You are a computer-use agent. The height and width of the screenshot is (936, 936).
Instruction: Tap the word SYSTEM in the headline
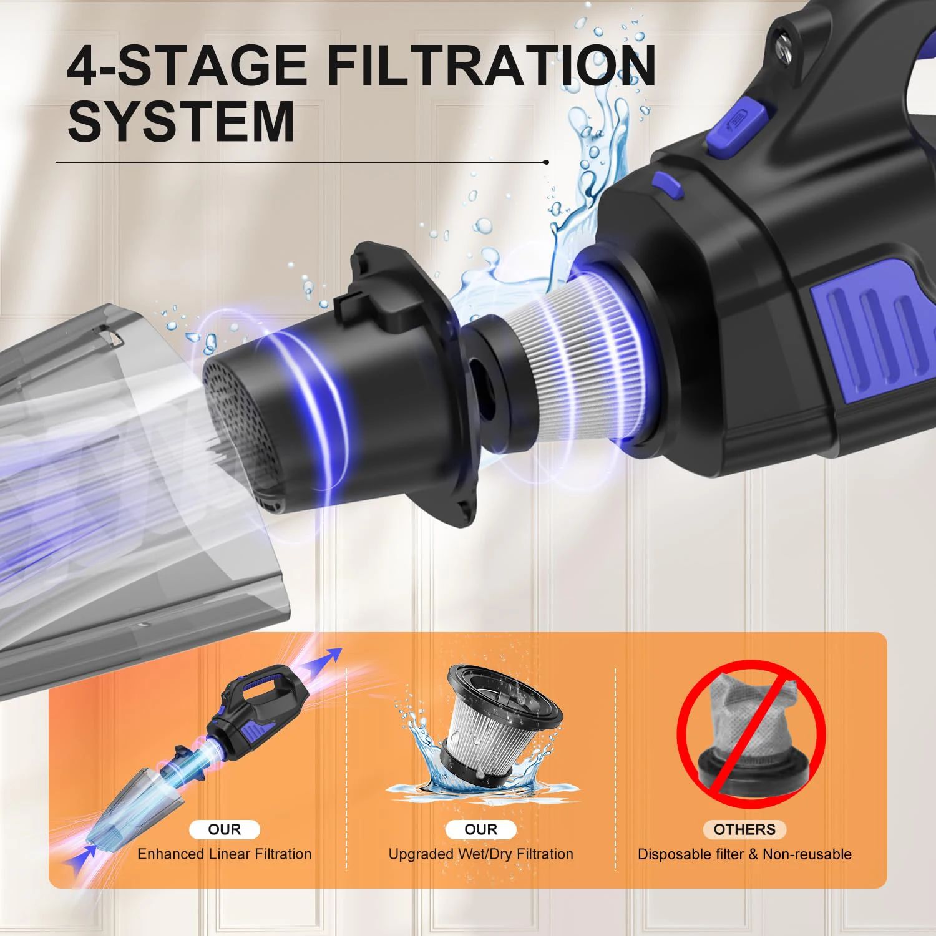(181, 121)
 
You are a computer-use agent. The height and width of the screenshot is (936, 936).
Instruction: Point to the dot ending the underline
(547, 162)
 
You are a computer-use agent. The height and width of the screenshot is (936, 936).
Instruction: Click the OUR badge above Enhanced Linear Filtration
(224, 829)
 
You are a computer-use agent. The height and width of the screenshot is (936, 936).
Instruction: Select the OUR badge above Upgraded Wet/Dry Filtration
(480, 829)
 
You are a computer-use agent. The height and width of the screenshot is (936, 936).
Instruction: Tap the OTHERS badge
(744, 829)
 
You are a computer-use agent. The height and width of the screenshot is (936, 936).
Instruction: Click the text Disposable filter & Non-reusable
(744, 854)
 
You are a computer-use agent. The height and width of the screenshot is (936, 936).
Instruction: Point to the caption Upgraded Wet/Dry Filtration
(480, 854)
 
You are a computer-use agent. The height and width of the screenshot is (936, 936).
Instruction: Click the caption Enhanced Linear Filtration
(224, 854)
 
